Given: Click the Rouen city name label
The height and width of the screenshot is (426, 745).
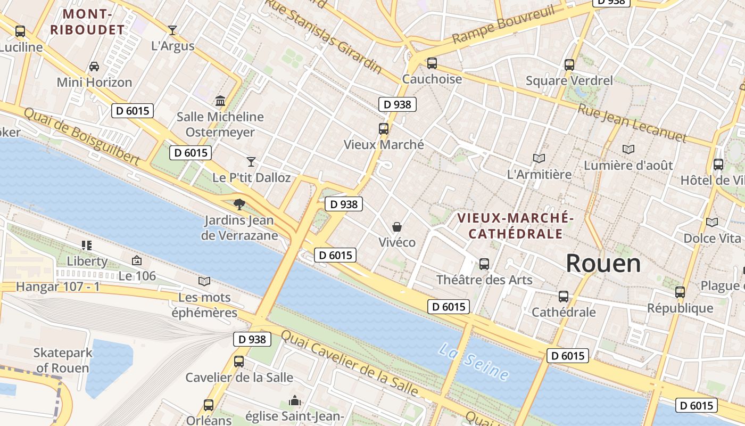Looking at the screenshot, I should (x=603, y=263).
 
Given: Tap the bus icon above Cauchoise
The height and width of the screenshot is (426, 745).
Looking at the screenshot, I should (x=432, y=63).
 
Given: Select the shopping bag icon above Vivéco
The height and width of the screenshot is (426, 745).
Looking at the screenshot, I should (x=397, y=227).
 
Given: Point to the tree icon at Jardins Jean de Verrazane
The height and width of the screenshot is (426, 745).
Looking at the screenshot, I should (x=239, y=204).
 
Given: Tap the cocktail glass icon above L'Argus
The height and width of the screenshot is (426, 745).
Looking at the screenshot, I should (x=172, y=30).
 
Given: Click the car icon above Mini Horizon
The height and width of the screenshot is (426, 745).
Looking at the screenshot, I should (x=94, y=67).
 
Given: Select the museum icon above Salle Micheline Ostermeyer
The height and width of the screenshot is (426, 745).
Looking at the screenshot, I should (x=220, y=101).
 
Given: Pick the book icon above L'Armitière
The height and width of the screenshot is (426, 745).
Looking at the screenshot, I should (x=539, y=158).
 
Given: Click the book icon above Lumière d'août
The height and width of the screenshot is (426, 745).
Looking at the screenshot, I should (x=628, y=150).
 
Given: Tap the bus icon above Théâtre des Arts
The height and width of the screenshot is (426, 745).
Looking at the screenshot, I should (x=484, y=264).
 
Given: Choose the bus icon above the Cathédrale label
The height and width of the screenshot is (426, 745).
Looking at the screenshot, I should (x=564, y=296).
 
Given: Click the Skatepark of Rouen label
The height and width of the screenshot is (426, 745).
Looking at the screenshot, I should (x=63, y=360).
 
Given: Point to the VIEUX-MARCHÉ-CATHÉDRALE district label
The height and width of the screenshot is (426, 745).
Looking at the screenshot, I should (x=515, y=226).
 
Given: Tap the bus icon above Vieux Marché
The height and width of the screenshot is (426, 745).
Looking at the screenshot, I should (x=384, y=128).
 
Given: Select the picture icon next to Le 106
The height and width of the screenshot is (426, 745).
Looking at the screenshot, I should (x=137, y=260).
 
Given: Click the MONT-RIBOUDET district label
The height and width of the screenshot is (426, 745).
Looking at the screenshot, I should (x=87, y=22).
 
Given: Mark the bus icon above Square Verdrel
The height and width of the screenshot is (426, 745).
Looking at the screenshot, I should (x=569, y=65).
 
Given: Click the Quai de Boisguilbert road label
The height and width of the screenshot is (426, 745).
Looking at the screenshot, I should (x=82, y=136).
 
